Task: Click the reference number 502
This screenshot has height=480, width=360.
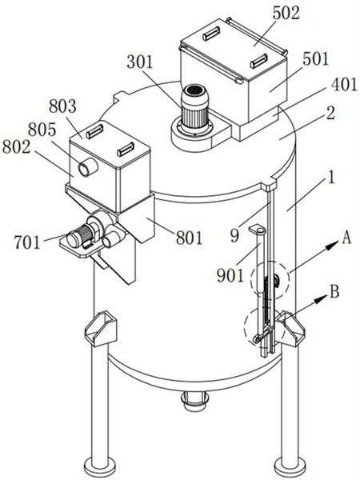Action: click(x=286, y=14)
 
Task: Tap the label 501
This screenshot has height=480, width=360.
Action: click(x=315, y=59)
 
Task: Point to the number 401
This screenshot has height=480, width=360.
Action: click(x=344, y=84)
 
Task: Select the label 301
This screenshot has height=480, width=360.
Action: click(x=140, y=62)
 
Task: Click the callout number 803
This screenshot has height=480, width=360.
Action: click(x=62, y=106)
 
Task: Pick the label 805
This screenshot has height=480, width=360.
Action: click(x=42, y=130)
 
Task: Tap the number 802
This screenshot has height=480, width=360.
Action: click(x=16, y=147)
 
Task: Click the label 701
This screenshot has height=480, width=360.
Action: click(x=27, y=242)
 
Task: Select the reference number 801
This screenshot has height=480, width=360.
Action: click(x=189, y=238)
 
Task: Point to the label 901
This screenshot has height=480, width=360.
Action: click(x=230, y=275)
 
